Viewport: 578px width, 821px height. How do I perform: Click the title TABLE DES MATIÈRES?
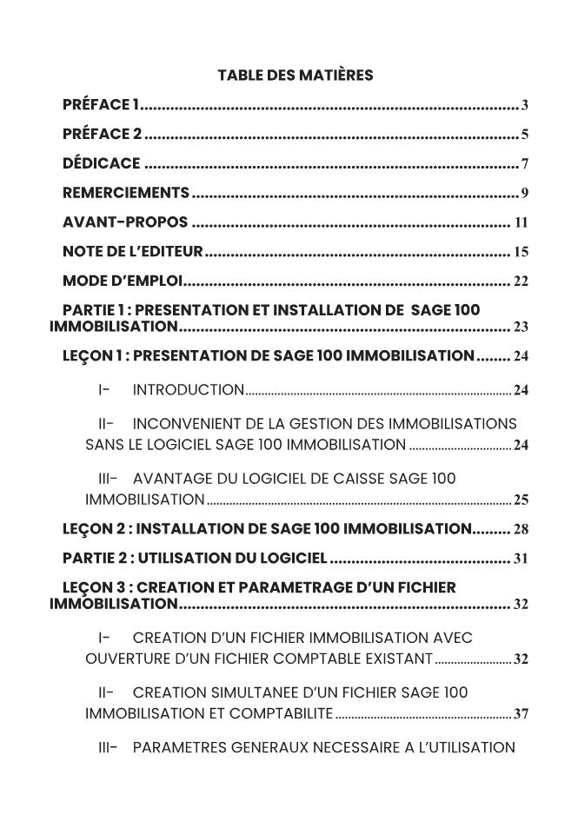(x=295, y=76)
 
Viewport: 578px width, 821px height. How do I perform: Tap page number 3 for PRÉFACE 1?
(x=525, y=107)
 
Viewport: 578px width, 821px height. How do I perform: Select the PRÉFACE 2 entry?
(x=102, y=135)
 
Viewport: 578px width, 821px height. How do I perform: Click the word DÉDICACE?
(x=101, y=163)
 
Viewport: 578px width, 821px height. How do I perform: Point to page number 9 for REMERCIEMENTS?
(x=525, y=193)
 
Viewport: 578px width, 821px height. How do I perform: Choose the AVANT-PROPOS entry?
(x=125, y=222)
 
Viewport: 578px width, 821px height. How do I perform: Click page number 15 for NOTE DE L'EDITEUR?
(x=521, y=253)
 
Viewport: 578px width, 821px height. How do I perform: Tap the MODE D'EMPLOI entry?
(x=123, y=281)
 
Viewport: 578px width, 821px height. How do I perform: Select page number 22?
(x=521, y=281)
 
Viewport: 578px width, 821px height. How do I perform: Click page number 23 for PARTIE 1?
(x=521, y=328)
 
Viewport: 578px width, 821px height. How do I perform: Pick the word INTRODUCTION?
(x=188, y=390)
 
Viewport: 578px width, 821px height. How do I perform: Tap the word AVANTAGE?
(x=173, y=479)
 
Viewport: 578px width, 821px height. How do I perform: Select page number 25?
(x=521, y=500)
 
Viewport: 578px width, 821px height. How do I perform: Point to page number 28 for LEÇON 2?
(x=521, y=529)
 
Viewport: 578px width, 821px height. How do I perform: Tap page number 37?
(x=521, y=714)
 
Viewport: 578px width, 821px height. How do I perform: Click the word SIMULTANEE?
(x=246, y=692)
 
